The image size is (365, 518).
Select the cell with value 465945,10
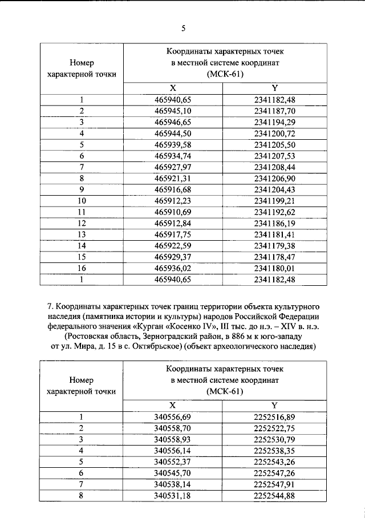point(173,111)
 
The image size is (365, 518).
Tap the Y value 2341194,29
point(275,122)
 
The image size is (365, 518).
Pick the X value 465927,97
point(173,167)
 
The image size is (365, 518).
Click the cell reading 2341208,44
point(275,167)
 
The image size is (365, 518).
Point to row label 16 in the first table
point(82,268)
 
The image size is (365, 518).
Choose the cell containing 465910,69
point(173,212)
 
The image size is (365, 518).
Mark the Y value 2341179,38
point(275,245)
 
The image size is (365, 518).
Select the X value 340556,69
point(173,418)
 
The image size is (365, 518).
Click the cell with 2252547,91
point(275,485)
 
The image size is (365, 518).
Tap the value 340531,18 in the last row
point(173,496)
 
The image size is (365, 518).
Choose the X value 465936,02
point(173,268)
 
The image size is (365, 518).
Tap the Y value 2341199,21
point(275,200)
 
